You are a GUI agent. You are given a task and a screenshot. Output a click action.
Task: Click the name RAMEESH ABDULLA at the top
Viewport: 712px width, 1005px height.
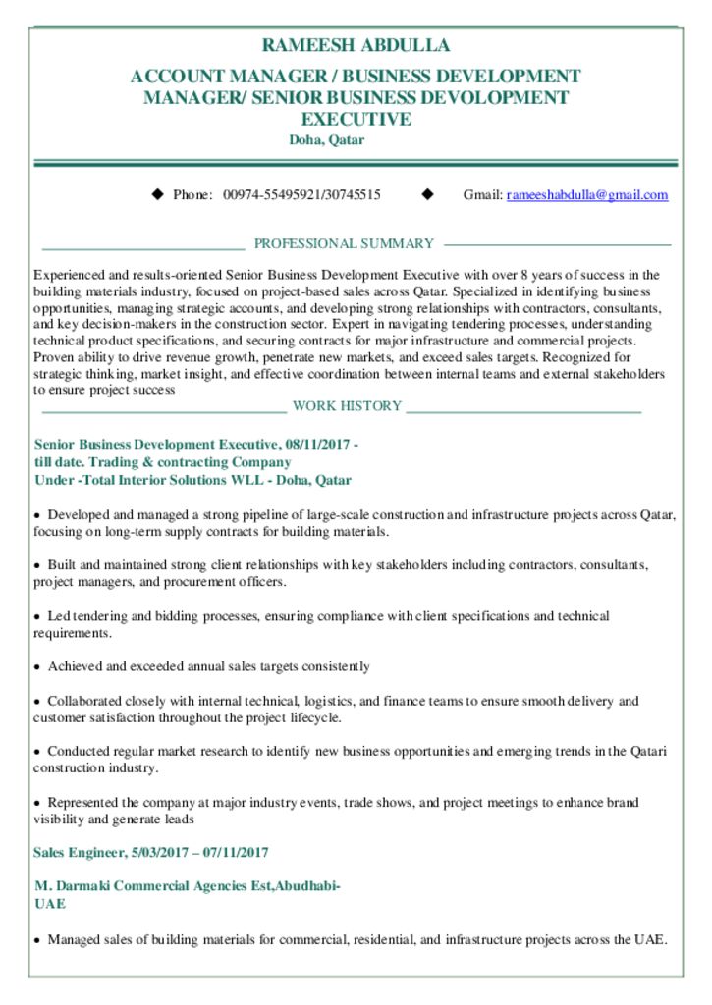(x=356, y=45)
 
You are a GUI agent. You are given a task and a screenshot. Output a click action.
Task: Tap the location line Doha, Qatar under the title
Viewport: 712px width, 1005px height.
(x=326, y=140)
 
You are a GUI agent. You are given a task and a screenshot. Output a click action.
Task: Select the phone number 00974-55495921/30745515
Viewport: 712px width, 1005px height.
(x=302, y=195)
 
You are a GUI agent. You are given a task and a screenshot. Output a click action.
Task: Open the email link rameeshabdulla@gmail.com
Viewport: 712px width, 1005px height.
(x=587, y=195)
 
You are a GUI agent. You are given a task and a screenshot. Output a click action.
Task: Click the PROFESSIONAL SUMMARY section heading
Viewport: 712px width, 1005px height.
(x=344, y=243)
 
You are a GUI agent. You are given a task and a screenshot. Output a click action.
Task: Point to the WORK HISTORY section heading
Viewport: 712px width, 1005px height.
(x=347, y=406)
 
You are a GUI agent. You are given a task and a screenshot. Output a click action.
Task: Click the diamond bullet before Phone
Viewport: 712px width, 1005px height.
(x=157, y=194)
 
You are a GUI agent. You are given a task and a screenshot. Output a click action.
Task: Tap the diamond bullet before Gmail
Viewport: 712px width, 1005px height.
(x=427, y=194)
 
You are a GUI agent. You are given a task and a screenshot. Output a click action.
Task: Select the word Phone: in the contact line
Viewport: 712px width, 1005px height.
(x=192, y=195)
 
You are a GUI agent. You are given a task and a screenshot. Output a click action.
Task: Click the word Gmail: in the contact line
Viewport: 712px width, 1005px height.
(x=483, y=195)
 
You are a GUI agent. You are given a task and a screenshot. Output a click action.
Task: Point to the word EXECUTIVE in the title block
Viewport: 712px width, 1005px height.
(x=356, y=120)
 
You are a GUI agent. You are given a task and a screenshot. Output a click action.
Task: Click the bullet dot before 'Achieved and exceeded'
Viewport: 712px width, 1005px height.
(x=37, y=667)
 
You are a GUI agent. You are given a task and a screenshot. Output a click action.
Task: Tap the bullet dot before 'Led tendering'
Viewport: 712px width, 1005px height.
(x=37, y=616)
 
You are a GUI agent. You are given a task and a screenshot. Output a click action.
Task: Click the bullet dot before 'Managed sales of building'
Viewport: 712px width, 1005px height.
(x=37, y=940)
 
